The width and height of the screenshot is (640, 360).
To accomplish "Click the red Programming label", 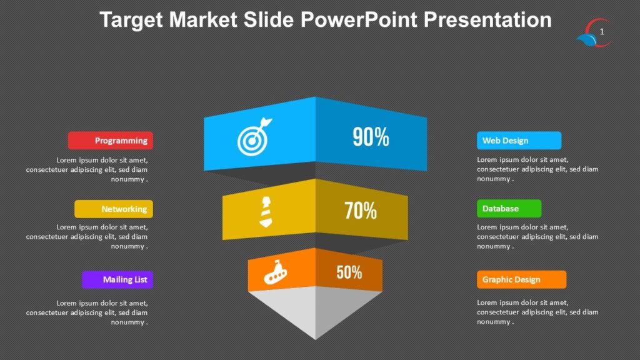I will [x=111, y=141].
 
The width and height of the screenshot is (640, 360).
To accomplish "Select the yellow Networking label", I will [x=114, y=209].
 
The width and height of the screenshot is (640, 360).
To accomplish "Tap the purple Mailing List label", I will [x=117, y=279].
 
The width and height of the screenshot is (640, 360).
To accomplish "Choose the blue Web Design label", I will [x=519, y=141].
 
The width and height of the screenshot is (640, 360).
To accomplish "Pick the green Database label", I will [x=509, y=208].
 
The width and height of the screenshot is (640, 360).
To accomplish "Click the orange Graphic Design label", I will [x=521, y=279].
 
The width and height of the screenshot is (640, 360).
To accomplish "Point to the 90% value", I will [x=371, y=137].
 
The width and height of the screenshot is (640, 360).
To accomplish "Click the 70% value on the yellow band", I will [x=361, y=211].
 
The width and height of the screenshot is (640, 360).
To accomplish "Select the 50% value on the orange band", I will [x=349, y=272].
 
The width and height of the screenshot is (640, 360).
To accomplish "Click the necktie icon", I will [x=265, y=211].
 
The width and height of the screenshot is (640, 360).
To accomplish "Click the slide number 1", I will [x=602, y=32].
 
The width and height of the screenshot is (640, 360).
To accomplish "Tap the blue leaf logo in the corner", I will [x=587, y=41].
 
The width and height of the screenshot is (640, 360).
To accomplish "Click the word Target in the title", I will [x=131, y=20].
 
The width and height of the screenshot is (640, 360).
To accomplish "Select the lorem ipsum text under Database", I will [x=537, y=237].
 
